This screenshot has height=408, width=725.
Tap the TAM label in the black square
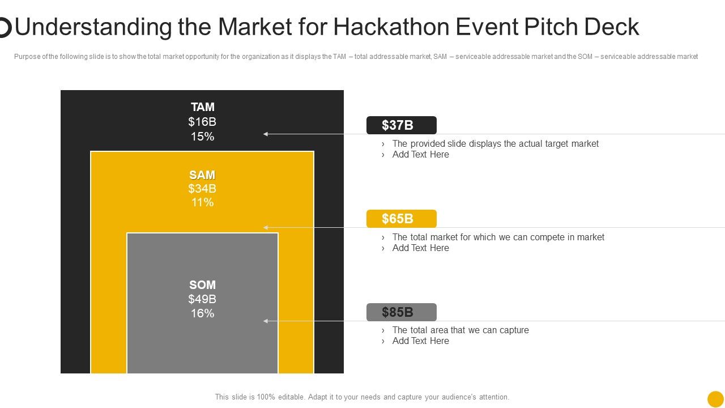pyautogui.click(x=202, y=107)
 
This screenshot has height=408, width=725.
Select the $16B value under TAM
pyautogui.click(x=202, y=122)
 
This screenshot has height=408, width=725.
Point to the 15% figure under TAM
pyautogui.click(x=202, y=137)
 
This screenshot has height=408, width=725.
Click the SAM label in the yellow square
pyautogui.click(x=202, y=175)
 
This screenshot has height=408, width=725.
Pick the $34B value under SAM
pyautogui.click(x=202, y=189)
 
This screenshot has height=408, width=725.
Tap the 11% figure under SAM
pyautogui.click(x=202, y=202)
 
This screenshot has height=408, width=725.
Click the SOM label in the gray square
pyautogui.click(x=202, y=285)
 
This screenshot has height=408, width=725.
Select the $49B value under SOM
pyautogui.click(x=202, y=299)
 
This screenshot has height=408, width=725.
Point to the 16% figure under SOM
pyautogui.click(x=202, y=313)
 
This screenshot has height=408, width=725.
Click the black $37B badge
pyautogui.click(x=401, y=125)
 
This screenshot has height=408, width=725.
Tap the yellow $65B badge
pyautogui.click(x=401, y=219)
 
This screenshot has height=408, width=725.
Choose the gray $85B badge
pyautogui.click(x=401, y=312)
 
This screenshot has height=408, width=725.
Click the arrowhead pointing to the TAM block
pyautogui.click(x=266, y=134)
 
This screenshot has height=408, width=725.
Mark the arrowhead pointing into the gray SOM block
pyautogui.click(x=266, y=321)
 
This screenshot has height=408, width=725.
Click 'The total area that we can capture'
pyautogui.click(x=460, y=330)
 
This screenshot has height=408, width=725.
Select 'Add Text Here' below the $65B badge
pyautogui.click(x=420, y=248)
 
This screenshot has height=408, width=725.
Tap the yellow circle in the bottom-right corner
pyautogui.click(x=715, y=399)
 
